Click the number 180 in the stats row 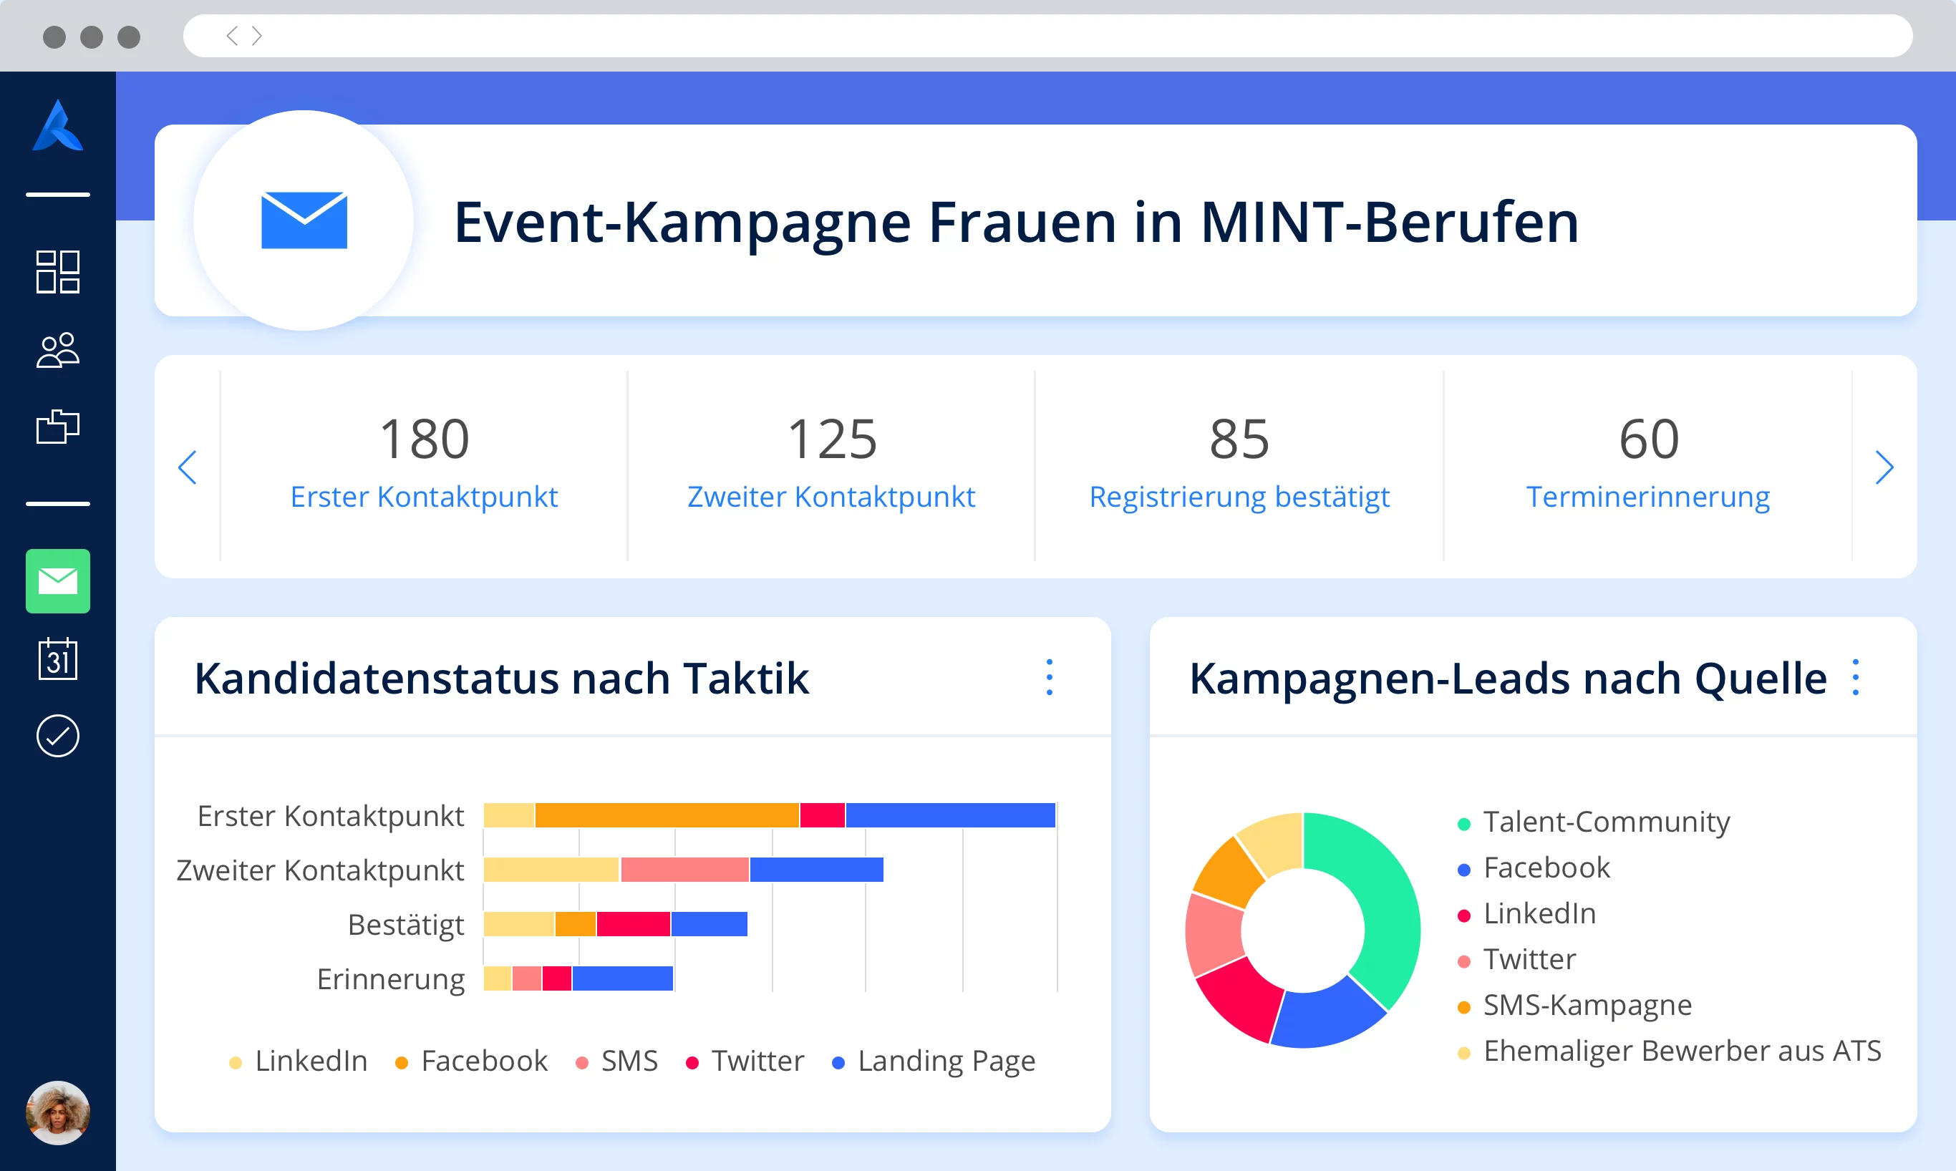coord(425,439)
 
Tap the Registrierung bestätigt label coord(1239,497)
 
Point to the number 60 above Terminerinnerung coord(1648,439)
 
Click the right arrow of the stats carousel coord(1884,467)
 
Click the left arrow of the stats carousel coord(187,467)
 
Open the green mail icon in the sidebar coord(57,581)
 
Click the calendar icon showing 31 coord(57,659)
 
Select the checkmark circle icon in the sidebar coord(57,737)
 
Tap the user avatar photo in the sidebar coord(57,1112)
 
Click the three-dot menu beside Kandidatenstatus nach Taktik coord(1050,678)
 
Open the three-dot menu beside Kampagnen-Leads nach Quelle coord(1855,678)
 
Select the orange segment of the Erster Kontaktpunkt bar coord(667,815)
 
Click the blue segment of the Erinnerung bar coord(623,978)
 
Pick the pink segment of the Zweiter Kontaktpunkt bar coord(684,870)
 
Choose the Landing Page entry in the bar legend coord(945,1061)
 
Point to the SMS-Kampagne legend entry coord(1587,1005)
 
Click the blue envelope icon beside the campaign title coord(304,220)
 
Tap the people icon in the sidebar coord(57,350)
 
